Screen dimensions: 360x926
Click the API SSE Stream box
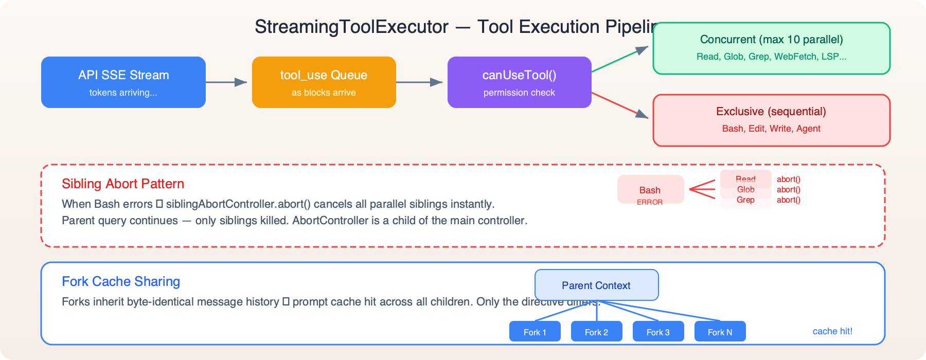(123, 82)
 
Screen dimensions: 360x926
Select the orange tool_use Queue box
(324, 82)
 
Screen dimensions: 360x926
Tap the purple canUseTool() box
(519, 82)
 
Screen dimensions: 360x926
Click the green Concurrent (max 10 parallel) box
(771, 48)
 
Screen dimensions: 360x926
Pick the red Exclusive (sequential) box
(771, 120)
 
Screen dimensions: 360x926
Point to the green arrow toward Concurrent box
(620, 59)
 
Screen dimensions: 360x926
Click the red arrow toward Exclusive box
(620, 104)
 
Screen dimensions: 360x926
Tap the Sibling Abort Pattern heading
(123, 184)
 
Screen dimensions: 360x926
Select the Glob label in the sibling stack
(745, 189)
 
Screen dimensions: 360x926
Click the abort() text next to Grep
(788, 200)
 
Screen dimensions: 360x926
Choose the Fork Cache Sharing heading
(121, 281)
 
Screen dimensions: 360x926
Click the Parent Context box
(596, 285)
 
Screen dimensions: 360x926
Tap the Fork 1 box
(535, 332)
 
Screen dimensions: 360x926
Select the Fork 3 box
(658, 332)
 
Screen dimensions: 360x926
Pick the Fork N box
(720, 332)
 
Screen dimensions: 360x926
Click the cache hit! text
(832, 331)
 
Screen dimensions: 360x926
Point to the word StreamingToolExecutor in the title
(351, 27)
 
